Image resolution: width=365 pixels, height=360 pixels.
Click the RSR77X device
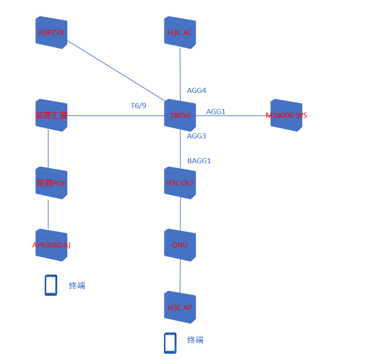pyautogui.click(x=51, y=33)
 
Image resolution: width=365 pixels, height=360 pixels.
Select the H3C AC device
pyautogui.click(x=180, y=33)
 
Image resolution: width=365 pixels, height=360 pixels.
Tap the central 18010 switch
pyautogui.click(x=180, y=115)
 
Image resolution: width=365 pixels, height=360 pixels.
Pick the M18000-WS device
pyautogui.click(x=286, y=115)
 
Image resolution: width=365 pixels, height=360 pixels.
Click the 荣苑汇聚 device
pyautogui.click(x=51, y=115)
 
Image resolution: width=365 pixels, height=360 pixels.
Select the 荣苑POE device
pyautogui.click(x=51, y=183)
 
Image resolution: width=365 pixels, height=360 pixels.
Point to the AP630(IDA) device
pyautogui.click(x=51, y=245)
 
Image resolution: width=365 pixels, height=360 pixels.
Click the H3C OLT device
pyautogui.click(x=180, y=183)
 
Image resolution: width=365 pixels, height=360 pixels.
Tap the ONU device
pyautogui.click(x=180, y=245)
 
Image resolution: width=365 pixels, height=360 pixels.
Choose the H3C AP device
pyautogui.click(x=180, y=307)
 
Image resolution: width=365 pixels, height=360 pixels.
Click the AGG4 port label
pyautogui.click(x=197, y=90)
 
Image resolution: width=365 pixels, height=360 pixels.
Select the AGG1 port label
pyautogui.click(x=216, y=112)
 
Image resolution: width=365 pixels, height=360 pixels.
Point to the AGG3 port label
pyautogui.click(x=197, y=136)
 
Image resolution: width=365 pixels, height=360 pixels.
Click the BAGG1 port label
pyautogui.click(x=199, y=161)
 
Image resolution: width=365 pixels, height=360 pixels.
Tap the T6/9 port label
pyautogui.click(x=139, y=105)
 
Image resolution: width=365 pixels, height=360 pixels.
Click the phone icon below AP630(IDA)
pyautogui.click(x=51, y=285)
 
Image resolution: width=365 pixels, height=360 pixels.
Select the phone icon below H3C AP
pyautogui.click(x=170, y=343)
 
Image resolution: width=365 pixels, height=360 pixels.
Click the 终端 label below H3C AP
pyautogui.click(x=195, y=340)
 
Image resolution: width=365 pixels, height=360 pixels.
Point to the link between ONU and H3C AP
pyautogui.click(x=180, y=276)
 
